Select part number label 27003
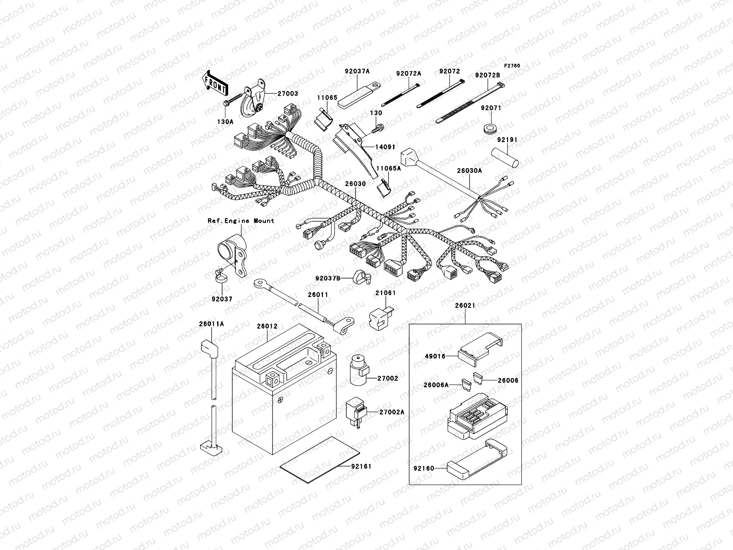pyautogui.click(x=287, y=93)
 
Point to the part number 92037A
pyautogui.click(x=357, y=71)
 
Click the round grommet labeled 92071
pyautogui.click(x=491, y=126)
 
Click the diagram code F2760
pyautogui.click(x=512, y=66)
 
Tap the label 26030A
pyautogui.click(x=469, y=170)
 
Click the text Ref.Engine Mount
pyautogui.click(x=241, y=220)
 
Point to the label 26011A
pyautogui.click(x=211, y=324)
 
